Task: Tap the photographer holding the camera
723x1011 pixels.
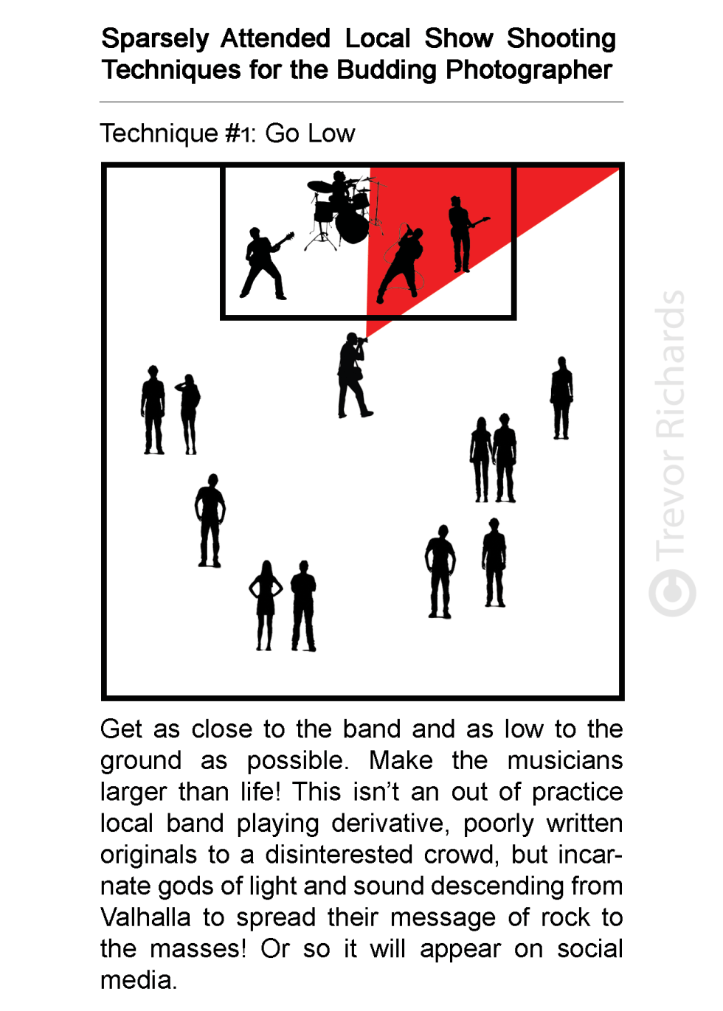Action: click(x=354, y=375)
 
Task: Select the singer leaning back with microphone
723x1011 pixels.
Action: click(x=401, y=263)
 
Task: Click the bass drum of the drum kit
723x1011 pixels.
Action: click(x=352, y=226)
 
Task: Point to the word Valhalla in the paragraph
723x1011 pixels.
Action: click(x=145, y=917)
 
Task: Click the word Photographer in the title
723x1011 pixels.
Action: click(x=529, y=70)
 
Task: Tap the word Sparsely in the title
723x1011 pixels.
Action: click(x=155, y=39)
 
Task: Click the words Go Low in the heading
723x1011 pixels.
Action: click(x=310, y=133)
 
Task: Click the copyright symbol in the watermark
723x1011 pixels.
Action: click(x=672, y=593)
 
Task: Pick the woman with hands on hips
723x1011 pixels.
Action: click(x=266, y=605)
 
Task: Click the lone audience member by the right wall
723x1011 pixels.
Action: click(x=561, y=397)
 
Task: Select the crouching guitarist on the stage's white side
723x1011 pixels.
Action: click(x=265, y=263)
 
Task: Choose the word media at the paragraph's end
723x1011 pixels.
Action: click(x=138, y=980)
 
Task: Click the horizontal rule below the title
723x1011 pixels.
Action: click(x=361, y=102)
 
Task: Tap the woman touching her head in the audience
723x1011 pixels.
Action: click(x=189, y=414)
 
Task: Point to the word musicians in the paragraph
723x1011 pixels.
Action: click(x=565, y=760)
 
